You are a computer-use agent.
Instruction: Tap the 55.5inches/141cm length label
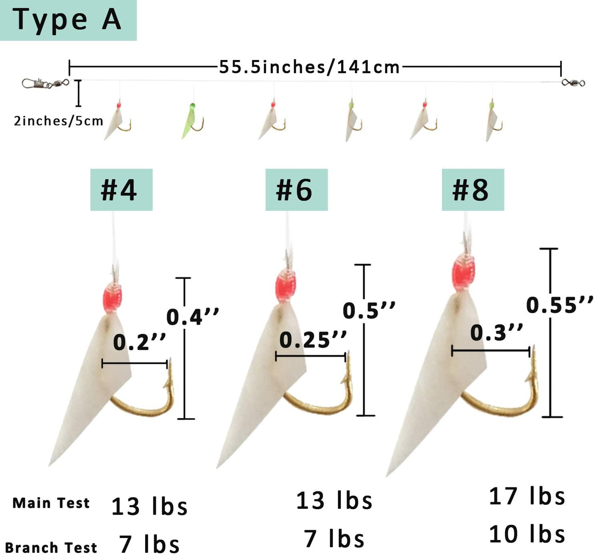pos(309,67)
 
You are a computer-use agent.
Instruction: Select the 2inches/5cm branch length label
pos(58,121)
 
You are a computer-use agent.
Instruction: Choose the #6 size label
pos(296,190)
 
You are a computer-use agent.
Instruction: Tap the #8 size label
pos(472,190)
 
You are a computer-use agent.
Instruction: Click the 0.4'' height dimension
pos(192,316)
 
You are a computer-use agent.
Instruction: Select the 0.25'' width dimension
pos(313,340)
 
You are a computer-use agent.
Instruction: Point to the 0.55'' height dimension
pos(559,305)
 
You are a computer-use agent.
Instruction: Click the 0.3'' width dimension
pos(496,332)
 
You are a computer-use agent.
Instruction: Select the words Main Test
pos(51,503)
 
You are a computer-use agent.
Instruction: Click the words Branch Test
pos(51,547)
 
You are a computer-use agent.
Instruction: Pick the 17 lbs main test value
pos(527,496)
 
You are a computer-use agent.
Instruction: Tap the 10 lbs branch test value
pos(527,534)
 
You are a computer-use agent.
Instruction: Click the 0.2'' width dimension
pos(139,342)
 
